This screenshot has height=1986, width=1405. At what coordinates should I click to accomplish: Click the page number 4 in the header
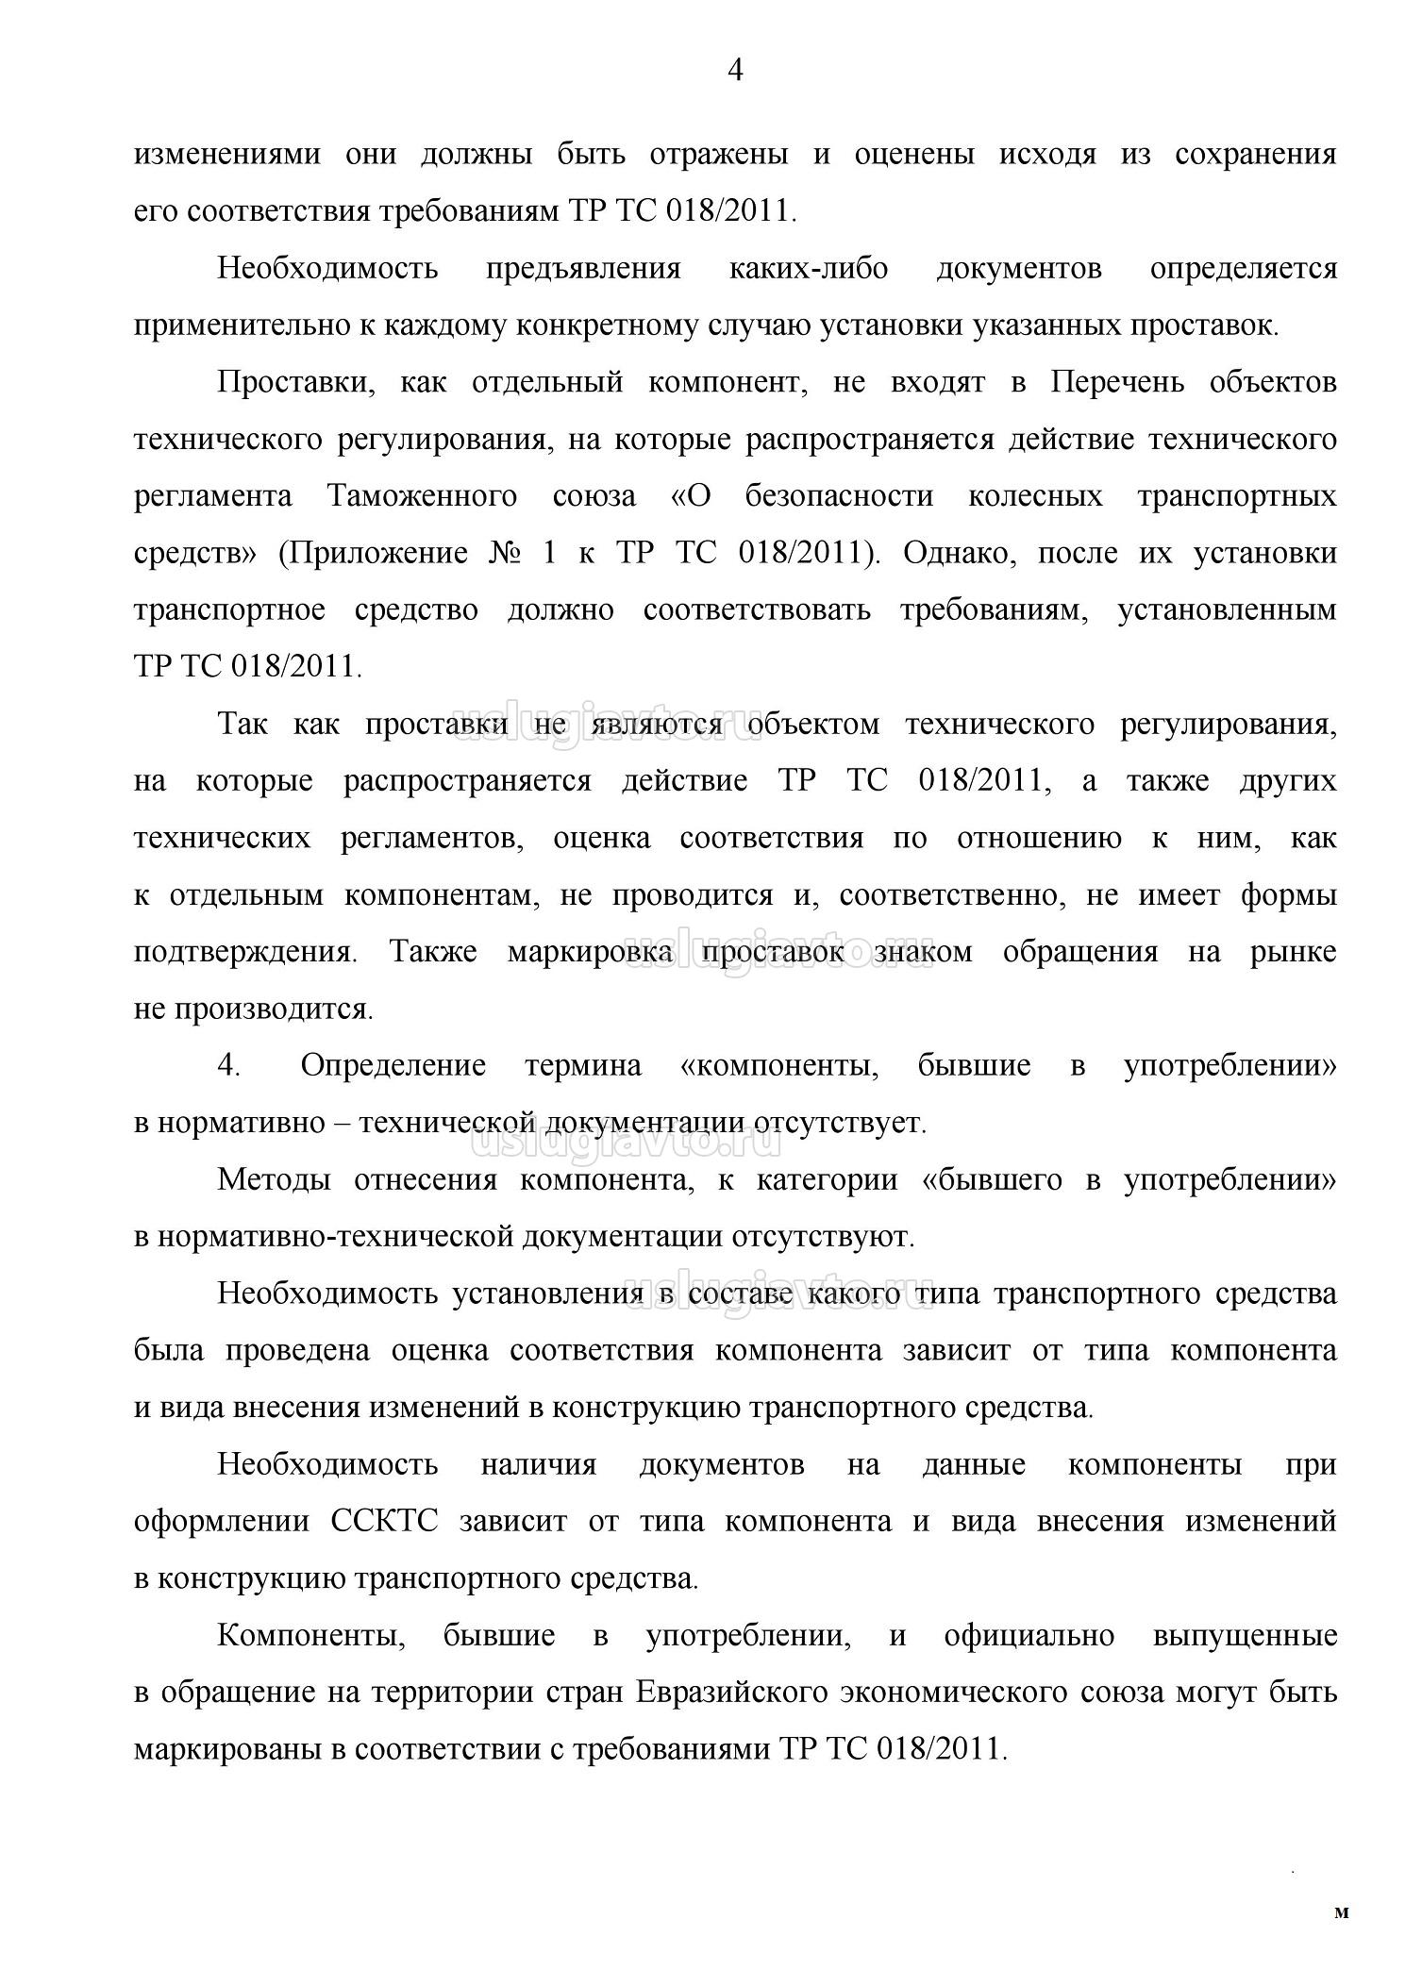pyautogui.click(x=736, y=71)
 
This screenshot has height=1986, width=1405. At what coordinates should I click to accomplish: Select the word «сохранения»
pyautogui.click(x=1255, y=155)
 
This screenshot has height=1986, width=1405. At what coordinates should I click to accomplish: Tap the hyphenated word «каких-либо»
pyautogui.click(x=809, y=269)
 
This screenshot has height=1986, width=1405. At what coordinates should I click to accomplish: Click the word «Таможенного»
pyautogui.click(x=422, y=497)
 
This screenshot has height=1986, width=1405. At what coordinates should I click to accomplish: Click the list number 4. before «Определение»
pyautogui.click(x=229, y=1066)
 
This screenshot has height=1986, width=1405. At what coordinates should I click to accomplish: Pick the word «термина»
pyautogui.click(x=582, y=1066)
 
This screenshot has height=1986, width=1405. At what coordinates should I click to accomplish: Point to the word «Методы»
pyautogui.click(x=274, y=1180)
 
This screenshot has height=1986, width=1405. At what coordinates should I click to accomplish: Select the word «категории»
pyautogui.click(x=827, y=1180)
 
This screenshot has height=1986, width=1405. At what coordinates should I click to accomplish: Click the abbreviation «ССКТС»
pyautogui.click(x=385, y=1522)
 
